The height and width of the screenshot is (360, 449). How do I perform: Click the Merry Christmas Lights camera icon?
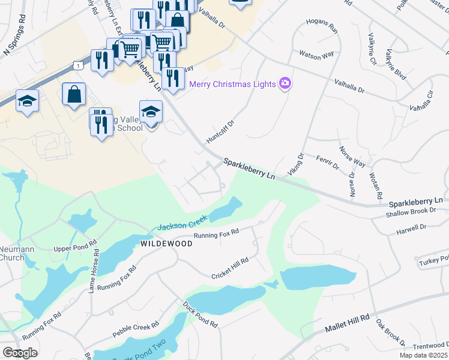[285, 83]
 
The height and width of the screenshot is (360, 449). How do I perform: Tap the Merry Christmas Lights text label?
[232, 84]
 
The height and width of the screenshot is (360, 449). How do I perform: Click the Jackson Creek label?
[182, 223]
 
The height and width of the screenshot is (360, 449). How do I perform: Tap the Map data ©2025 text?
[423, 355]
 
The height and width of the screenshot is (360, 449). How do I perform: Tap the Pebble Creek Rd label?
[136, 329]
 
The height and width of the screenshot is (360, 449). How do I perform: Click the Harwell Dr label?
[411, 228]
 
